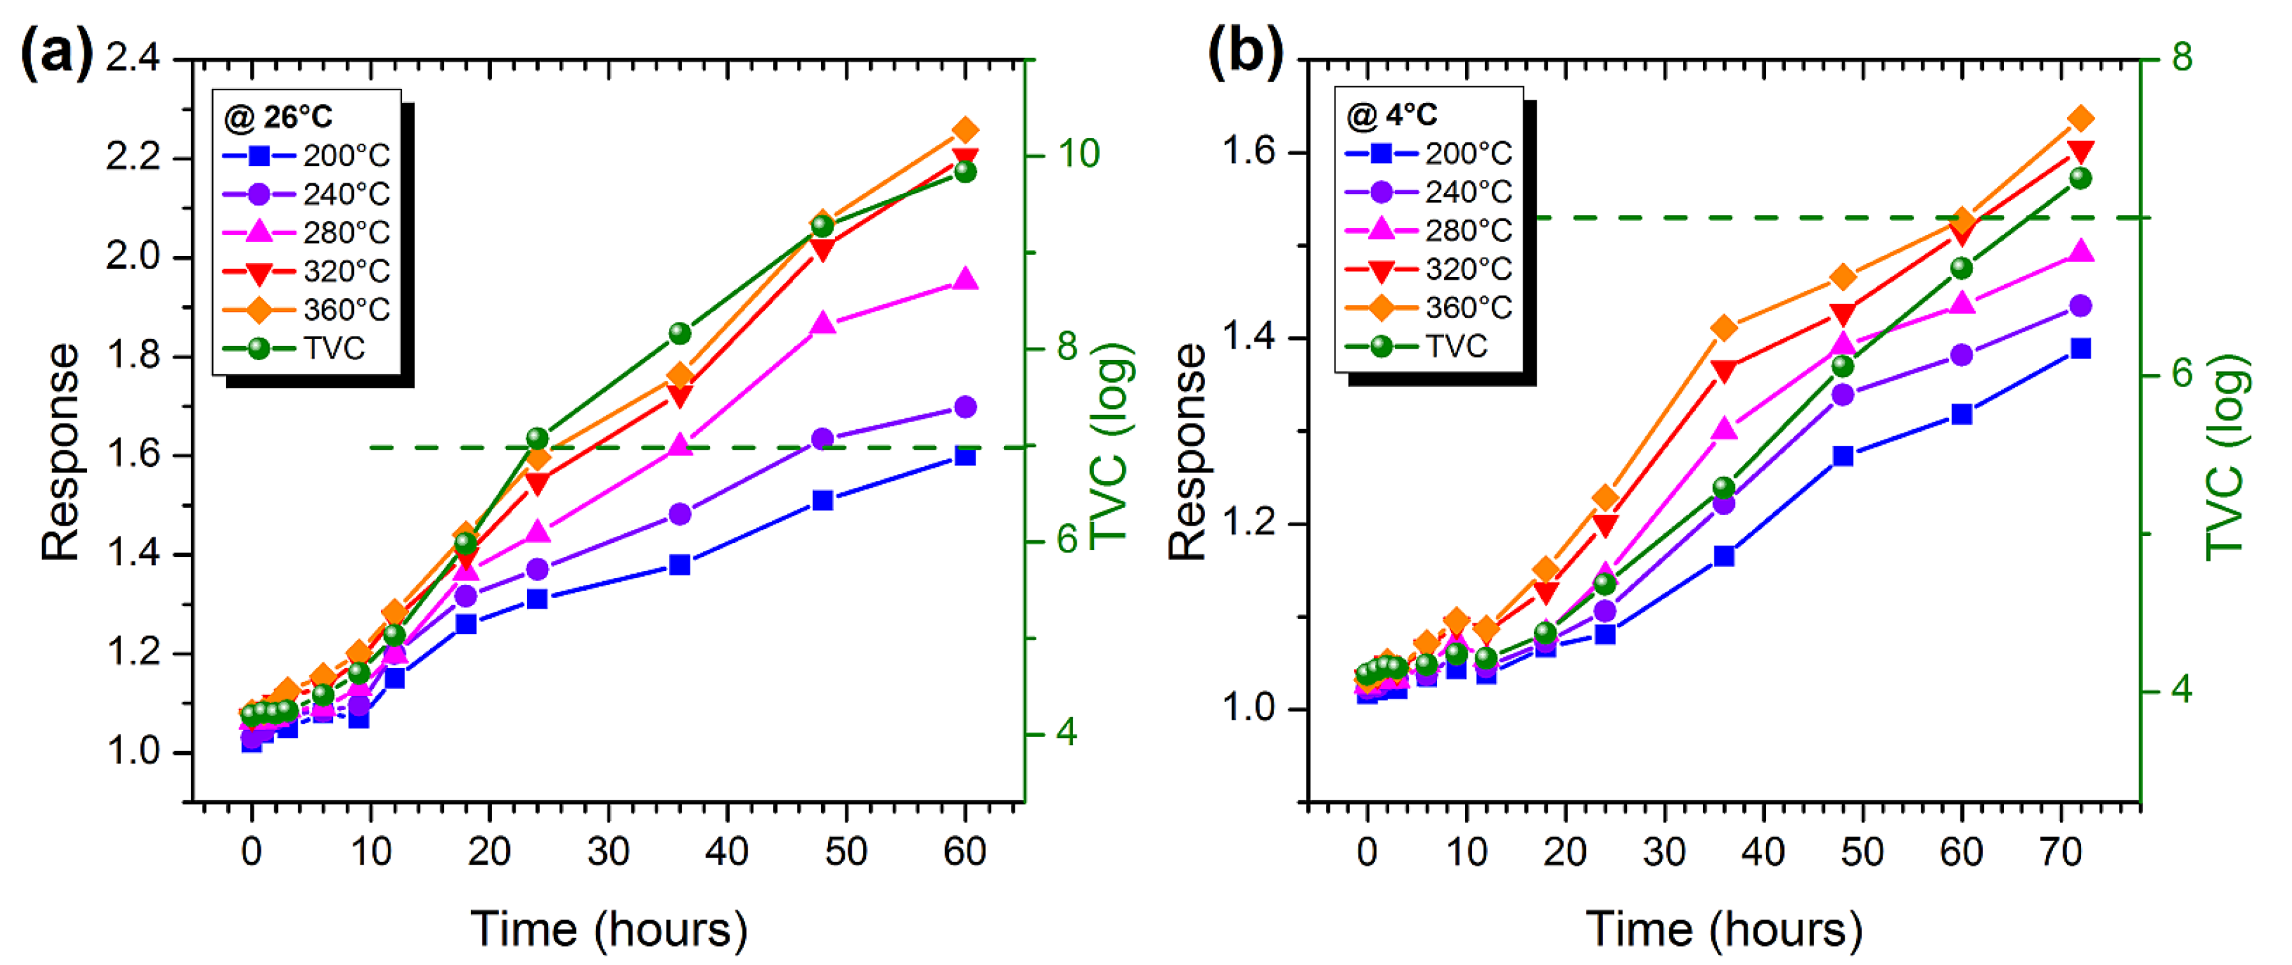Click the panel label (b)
point(1245,52)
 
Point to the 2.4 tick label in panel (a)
point(134,58)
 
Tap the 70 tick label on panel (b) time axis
point(2061,852)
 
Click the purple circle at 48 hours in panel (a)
point(823,439)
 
